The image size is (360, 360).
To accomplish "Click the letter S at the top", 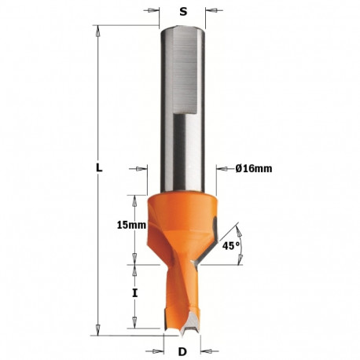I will tap(183, 11).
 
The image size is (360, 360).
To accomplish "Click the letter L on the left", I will tap(97, 167).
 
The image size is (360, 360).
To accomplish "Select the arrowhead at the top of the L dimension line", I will tap(97, 29).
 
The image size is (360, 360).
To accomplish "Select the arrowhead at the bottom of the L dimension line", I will tap(97, 329).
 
